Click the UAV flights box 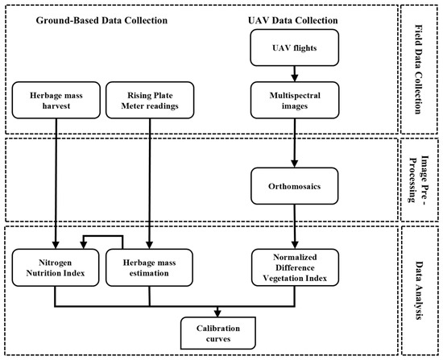point(294,48)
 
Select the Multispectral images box point(294,100)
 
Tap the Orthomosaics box point(294,186)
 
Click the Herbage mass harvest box point(56,100)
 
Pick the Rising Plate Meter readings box point(150,100)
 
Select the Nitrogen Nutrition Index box point(56,267)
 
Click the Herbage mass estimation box point(149,267)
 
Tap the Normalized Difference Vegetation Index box point(295,267)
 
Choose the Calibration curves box point(217,333)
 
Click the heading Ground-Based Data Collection point(101,20)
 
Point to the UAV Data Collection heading point(292,20)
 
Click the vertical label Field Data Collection point(418,69)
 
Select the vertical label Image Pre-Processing point(419,179)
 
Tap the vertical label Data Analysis point(418,291)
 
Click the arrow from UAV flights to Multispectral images point(294,74)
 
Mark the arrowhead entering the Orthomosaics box point(294,164)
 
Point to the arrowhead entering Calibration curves point(217,313)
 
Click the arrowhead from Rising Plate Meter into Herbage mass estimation point(150,246)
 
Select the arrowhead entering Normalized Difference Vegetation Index point(295,246)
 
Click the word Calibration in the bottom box point(218,328)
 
